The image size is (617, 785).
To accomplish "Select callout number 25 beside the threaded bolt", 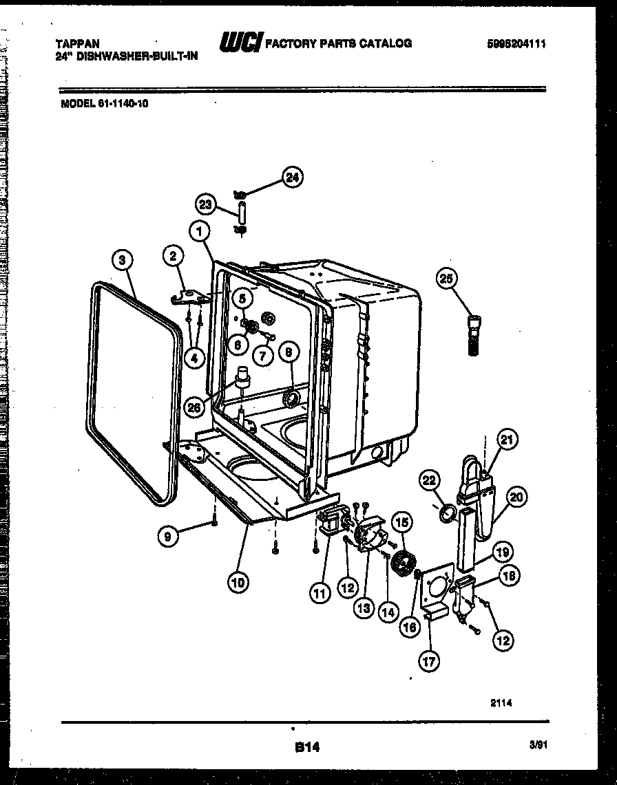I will (x=446, y=279).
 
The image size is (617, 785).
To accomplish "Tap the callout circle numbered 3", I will (x=121, y=259).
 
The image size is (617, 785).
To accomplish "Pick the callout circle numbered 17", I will (x=430, y=661).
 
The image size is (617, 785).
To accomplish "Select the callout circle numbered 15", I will (x=402, y=523).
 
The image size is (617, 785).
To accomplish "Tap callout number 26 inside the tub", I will (x=196, y=407).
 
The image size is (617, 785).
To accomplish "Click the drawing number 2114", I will (x=501, y=702).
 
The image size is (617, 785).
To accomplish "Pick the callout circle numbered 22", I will (x=429, y=482).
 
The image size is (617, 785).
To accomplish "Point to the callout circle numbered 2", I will (x=174, y=257).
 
